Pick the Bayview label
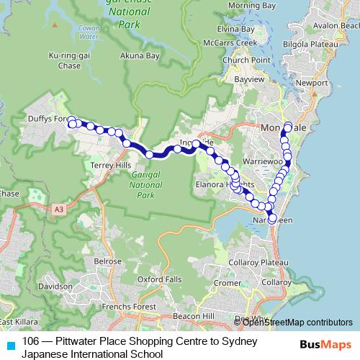point(248,78)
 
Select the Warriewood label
point(264,162)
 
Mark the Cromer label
point(228,283)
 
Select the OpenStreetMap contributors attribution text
point(297,322)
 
